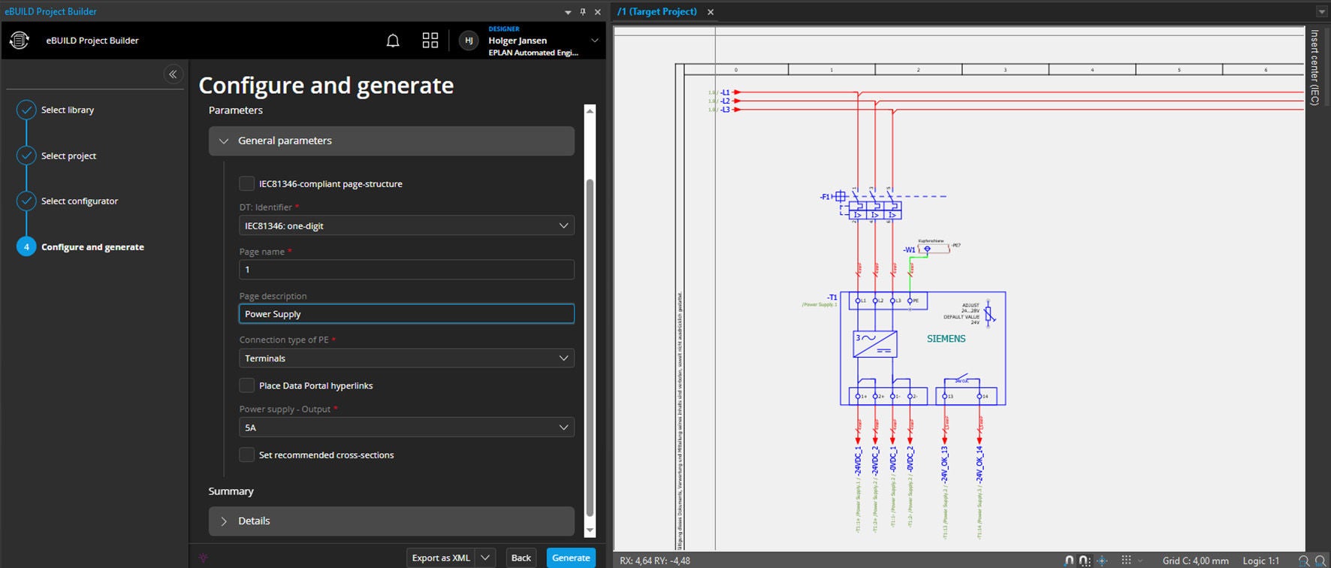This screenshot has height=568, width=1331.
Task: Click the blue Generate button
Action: pos(571,557)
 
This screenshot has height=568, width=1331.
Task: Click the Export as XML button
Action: pos(441,557)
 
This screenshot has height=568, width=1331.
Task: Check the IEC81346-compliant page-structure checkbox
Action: pos(246,183)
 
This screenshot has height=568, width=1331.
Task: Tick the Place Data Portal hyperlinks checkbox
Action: pos(246,385)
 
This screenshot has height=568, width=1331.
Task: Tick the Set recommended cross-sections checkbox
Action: pos(246,455)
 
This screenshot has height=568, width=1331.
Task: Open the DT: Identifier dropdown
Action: pos(406,225)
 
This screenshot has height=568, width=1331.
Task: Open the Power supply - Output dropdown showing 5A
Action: pos(406,428)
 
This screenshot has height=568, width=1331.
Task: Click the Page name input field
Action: pos(406,270)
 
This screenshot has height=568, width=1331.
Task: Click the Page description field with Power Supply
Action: pos(406,314)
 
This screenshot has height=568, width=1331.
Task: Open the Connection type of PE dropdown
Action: pos(406,358)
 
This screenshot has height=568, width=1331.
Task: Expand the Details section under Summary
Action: pos(391,521)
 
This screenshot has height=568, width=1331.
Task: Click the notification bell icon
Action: pos(393,41)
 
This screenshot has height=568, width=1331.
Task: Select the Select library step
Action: pos(67,110)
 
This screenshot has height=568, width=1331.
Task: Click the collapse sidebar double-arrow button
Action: pos(173,74)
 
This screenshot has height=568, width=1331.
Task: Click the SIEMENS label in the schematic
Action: pos(946,339)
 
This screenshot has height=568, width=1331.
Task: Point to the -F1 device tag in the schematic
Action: pos(825,197)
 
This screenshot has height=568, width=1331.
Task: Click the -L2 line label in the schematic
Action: pos(725,101)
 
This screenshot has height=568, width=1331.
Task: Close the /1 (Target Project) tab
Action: pos(711,12)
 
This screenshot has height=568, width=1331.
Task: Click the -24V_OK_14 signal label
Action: pos(979,464)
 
